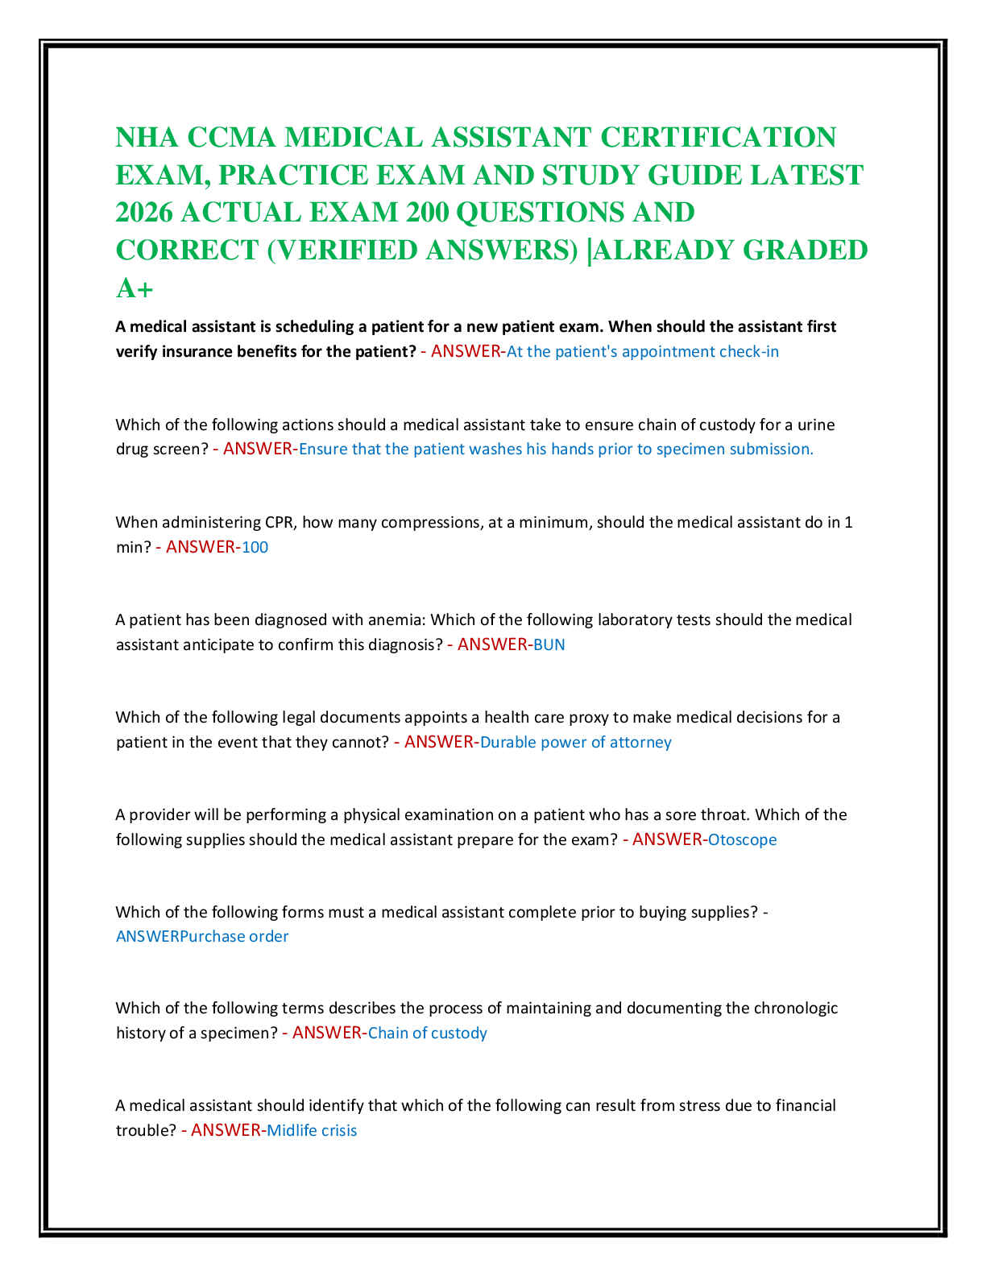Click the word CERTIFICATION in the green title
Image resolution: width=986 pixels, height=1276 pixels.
pos(718,138)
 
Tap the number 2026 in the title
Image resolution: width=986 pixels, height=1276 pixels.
pos(144,213)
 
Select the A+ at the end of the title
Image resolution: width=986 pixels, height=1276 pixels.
pos(135,288)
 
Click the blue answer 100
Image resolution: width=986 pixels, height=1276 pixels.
pos(255,547)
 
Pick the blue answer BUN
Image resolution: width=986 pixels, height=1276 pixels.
pos(549,644)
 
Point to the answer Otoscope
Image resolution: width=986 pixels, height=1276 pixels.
pos(742,839)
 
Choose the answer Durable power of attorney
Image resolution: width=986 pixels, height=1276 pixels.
pos(575,742)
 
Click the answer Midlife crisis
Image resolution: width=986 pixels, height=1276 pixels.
pos(312,1130)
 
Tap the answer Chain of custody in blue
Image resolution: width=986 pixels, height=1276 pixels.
pos(428,1033)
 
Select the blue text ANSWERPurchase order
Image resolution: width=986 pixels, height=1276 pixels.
pos(202,936)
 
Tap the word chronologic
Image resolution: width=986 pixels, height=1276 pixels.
pos(796,1009)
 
